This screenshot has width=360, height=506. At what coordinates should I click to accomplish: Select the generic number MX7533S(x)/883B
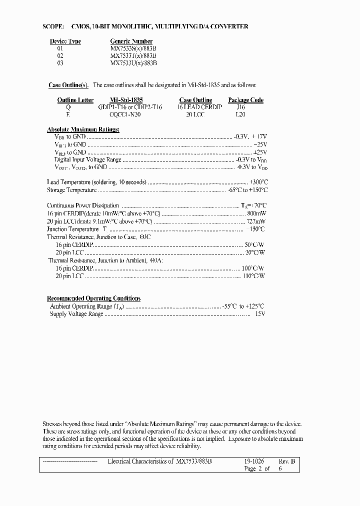pyautogui.click(x=133, y=48)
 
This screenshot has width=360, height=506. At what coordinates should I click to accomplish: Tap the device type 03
pyautogui.click(x=59, y=63)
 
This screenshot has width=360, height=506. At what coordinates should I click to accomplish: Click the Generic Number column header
pyautogui.click(x=131, y=41)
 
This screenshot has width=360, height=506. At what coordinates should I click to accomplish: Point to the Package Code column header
pyautogui.click(x=245, y=100)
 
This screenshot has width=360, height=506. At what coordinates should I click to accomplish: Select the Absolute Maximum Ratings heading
pyautogui.click(x=83, y=129)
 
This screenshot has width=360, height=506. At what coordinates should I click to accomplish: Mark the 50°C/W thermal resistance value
pyautogui.click(x=254, y=244)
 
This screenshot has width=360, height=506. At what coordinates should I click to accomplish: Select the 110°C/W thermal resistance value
pyautogui.click(x=253, y=275)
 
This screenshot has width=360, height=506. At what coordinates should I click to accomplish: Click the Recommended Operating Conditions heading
pyautogui.click(x=93, y=298)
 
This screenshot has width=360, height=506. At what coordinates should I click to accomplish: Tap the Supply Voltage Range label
pyautogui.click(x=76, y=314)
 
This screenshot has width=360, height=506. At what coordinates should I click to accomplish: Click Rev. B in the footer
pyautogui.click(x=286, y=461)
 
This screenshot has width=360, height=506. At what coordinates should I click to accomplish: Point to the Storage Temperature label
pyautogui.click(x=71, y=190)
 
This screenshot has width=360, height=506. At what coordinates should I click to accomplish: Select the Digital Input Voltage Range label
pyautogui.click(x=87, y=159)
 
